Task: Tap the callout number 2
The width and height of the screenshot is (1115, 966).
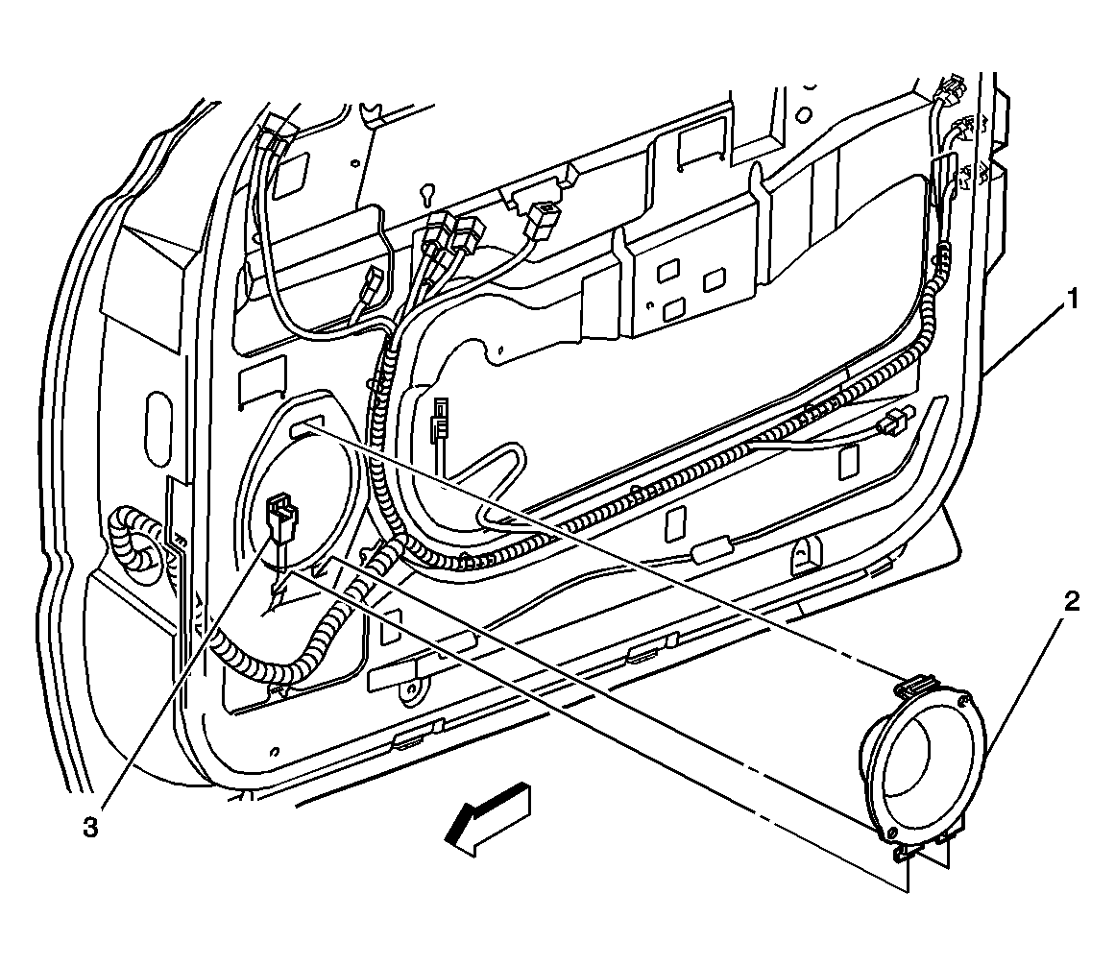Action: (1071, 603)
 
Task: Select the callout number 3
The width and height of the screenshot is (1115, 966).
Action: (90, 827)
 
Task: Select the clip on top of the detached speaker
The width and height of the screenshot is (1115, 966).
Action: (914, 686)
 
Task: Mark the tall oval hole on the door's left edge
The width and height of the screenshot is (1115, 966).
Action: (158, 416)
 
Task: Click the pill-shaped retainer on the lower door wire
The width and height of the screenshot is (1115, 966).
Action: (710, 554)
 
